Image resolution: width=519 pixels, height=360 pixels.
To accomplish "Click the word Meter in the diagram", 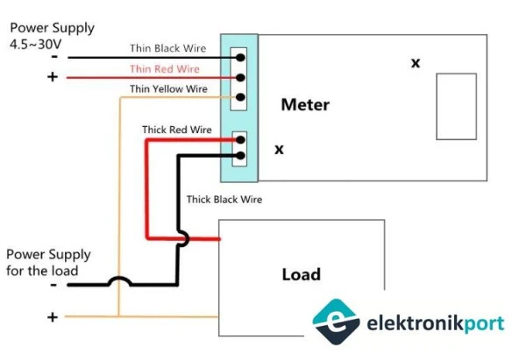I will [305, 105].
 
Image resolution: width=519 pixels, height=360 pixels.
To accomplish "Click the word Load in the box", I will [301, 274].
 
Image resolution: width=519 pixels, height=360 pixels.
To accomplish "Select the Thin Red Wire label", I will [164, 68].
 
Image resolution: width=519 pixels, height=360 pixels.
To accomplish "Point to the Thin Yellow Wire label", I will [168, 88].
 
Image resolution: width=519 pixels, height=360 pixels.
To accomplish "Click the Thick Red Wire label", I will [177, 130].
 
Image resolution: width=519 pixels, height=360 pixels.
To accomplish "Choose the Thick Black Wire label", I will [224, 200].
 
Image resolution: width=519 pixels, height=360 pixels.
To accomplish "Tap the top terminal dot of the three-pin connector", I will [240, 58].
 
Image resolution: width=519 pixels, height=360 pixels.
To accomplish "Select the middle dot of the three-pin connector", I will [240, 77].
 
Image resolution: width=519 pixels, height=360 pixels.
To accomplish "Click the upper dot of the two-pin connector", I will [240, 139].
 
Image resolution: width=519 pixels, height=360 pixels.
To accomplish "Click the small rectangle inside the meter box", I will [456, 106].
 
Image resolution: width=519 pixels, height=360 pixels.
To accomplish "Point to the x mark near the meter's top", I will [416, 63].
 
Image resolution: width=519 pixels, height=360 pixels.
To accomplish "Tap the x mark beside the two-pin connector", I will [279, 150].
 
